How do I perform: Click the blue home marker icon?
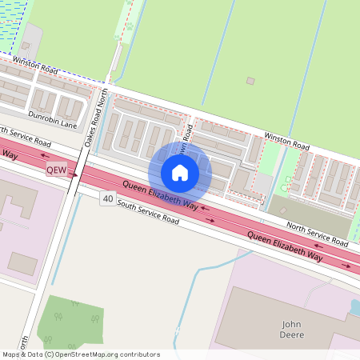click(x=180, y=172)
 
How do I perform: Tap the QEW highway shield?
click(x=56, y=170)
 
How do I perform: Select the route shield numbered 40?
click(x=107, y=198)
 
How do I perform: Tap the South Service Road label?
click(x=147, y=210)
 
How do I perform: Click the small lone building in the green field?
click(x=250, y=81)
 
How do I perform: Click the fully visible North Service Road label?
click(x=317, y=234)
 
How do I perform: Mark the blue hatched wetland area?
click(x=12, y=24)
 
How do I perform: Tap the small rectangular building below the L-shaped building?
click(x=22, y=262)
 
